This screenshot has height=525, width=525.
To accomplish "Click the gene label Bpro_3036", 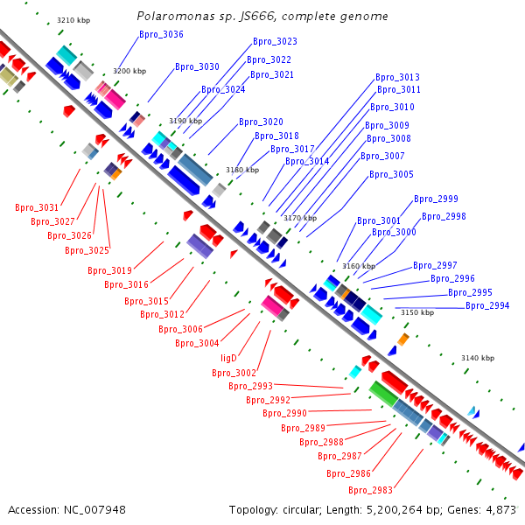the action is point(161,34).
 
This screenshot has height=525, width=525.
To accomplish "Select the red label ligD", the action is point(228,358).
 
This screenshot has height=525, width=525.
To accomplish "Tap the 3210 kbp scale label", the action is point(73,20).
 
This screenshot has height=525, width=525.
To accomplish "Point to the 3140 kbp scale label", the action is point(478,358).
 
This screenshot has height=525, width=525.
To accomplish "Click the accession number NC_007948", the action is point(94,510).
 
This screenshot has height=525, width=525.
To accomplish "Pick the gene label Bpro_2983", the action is point(370,490).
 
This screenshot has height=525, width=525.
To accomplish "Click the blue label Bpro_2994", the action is point(487,305).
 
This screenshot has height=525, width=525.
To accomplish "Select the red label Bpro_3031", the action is point(37,207).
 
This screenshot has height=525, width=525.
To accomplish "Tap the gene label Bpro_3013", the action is point(397,77).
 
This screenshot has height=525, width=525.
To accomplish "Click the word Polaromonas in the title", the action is point(176,16).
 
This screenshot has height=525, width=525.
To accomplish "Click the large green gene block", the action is point(384,394).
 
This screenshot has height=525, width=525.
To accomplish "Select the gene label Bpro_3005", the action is point(391,174).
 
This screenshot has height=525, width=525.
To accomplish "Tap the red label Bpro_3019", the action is point(110,270).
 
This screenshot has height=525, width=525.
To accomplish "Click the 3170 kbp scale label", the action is point(300,218).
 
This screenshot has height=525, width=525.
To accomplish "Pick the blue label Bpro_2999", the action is point(436,199).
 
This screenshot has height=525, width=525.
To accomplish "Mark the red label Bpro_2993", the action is point(251,386).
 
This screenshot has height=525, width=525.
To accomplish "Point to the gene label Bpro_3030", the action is point(197,67).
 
